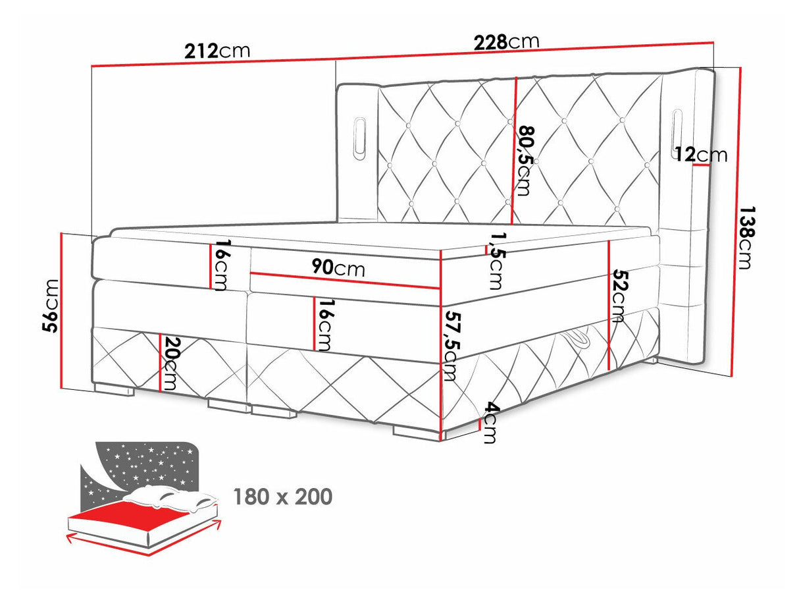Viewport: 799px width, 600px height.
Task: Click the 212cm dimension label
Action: tap(217, 51)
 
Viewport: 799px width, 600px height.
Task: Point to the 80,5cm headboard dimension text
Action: tap(524, 161)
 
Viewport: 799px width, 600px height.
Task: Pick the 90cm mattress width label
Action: tap(338, 269)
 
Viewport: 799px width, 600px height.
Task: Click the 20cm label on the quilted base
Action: tap(170, 364)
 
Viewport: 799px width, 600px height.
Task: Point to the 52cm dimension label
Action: tap(618, 295)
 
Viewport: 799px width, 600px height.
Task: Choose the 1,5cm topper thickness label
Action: tap(496, 261)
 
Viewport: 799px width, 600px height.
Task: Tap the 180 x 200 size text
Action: tap(283, 497)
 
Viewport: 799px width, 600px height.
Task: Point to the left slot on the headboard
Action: tap(359, 138)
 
